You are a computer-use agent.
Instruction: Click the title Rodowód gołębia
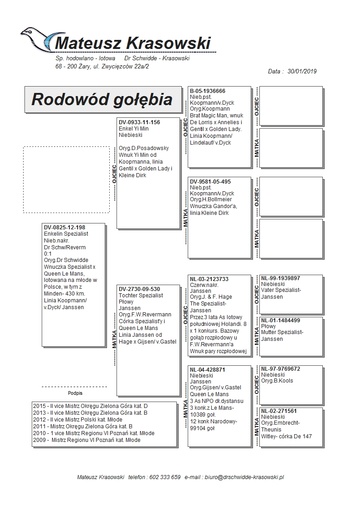click(102, 99)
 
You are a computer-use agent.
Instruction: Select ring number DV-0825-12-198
click(64, 228)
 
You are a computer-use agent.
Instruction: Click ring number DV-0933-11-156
click(139, 122)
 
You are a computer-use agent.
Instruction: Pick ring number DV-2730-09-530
click(139, 289)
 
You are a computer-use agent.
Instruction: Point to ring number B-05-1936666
click(208, 91)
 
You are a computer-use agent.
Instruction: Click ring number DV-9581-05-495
click(210, 182)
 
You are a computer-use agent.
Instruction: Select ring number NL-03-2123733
click(209, 279)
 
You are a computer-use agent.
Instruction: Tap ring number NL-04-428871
click(208, 370)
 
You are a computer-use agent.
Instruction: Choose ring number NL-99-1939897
click(281, 278)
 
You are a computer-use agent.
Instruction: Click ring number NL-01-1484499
click(281, 320)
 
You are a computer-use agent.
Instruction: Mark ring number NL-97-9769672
click(281, 369)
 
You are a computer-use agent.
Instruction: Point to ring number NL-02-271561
click(279, 411)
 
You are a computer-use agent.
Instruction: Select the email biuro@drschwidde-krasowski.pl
click(244, 477)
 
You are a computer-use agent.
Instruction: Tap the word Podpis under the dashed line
click(75, 393)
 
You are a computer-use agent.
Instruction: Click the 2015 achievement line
click(90, 406)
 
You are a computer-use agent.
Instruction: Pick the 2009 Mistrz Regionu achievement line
click(87, 440)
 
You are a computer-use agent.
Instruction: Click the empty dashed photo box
click(66, 179)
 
